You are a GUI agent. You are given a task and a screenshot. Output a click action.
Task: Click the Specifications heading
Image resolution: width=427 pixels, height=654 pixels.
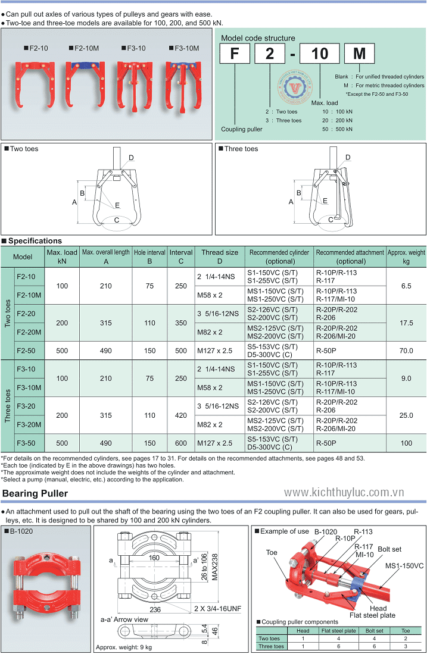[x=35, y=241]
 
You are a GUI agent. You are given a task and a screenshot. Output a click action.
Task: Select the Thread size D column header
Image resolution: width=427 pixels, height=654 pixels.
[x=219, y=256]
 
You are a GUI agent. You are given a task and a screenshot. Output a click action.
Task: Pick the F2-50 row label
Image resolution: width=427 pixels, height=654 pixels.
[x=26, y=351]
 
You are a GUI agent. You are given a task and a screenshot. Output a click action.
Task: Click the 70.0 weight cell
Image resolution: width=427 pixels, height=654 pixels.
[x=406, y=351]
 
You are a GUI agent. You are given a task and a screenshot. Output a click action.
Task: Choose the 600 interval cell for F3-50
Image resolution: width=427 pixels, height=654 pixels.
[x=180, y=443]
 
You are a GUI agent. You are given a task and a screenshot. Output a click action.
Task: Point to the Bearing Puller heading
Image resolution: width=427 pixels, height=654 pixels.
[x=35, y=493]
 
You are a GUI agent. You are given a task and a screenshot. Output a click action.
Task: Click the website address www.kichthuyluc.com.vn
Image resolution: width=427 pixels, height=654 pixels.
[x=344, y=493]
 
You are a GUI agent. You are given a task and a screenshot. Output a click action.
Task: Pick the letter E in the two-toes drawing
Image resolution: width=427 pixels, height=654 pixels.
[x=117, y=205]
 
